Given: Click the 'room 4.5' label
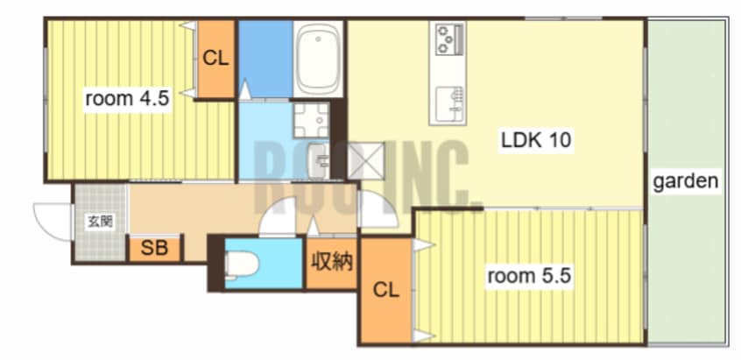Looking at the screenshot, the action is pos(127,99).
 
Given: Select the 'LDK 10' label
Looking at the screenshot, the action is pos(536,140).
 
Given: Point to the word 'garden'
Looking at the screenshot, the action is pos(685,181).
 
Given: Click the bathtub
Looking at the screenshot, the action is pos(318,60).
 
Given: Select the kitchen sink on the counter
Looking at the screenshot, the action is pos(448,103).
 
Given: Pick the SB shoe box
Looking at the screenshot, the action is pos(154,249).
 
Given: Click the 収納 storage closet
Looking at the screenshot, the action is pos(331,263).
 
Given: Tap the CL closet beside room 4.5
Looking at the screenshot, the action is pos(215,59).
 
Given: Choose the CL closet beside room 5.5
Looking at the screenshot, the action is pos(386,290).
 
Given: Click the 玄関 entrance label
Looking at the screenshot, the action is pos(101,222).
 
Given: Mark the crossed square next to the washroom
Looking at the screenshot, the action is pos(366,160).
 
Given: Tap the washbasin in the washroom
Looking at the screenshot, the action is pos(319,161).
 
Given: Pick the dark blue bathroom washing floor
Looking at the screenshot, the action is pos(265,59).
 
